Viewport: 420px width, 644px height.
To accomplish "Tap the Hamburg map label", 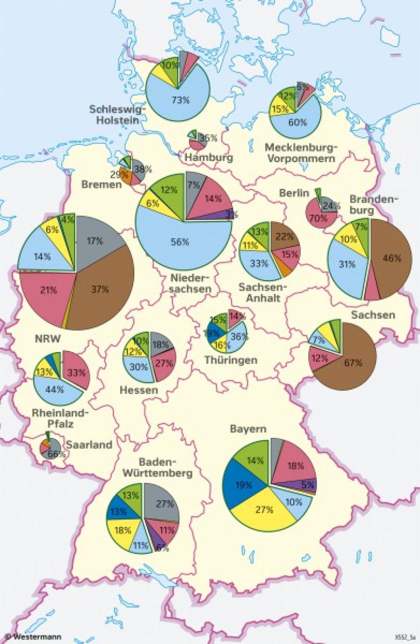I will pos(209,158).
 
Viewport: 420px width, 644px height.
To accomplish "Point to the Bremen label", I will pos(101,184).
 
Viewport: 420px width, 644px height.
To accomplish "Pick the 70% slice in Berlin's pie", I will pos(318,218).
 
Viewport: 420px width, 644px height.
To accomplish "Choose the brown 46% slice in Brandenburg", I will pos(391,258).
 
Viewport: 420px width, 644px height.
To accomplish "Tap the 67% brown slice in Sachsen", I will pos(353,363).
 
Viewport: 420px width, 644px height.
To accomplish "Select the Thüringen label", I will pos(231,360).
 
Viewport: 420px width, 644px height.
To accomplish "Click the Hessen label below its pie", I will pos(139,390).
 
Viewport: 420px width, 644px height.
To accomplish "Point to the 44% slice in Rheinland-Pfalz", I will pos(55,389).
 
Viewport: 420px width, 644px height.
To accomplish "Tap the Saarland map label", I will pos(89,445).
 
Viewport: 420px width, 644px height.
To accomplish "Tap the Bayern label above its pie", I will pos(248,429).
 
